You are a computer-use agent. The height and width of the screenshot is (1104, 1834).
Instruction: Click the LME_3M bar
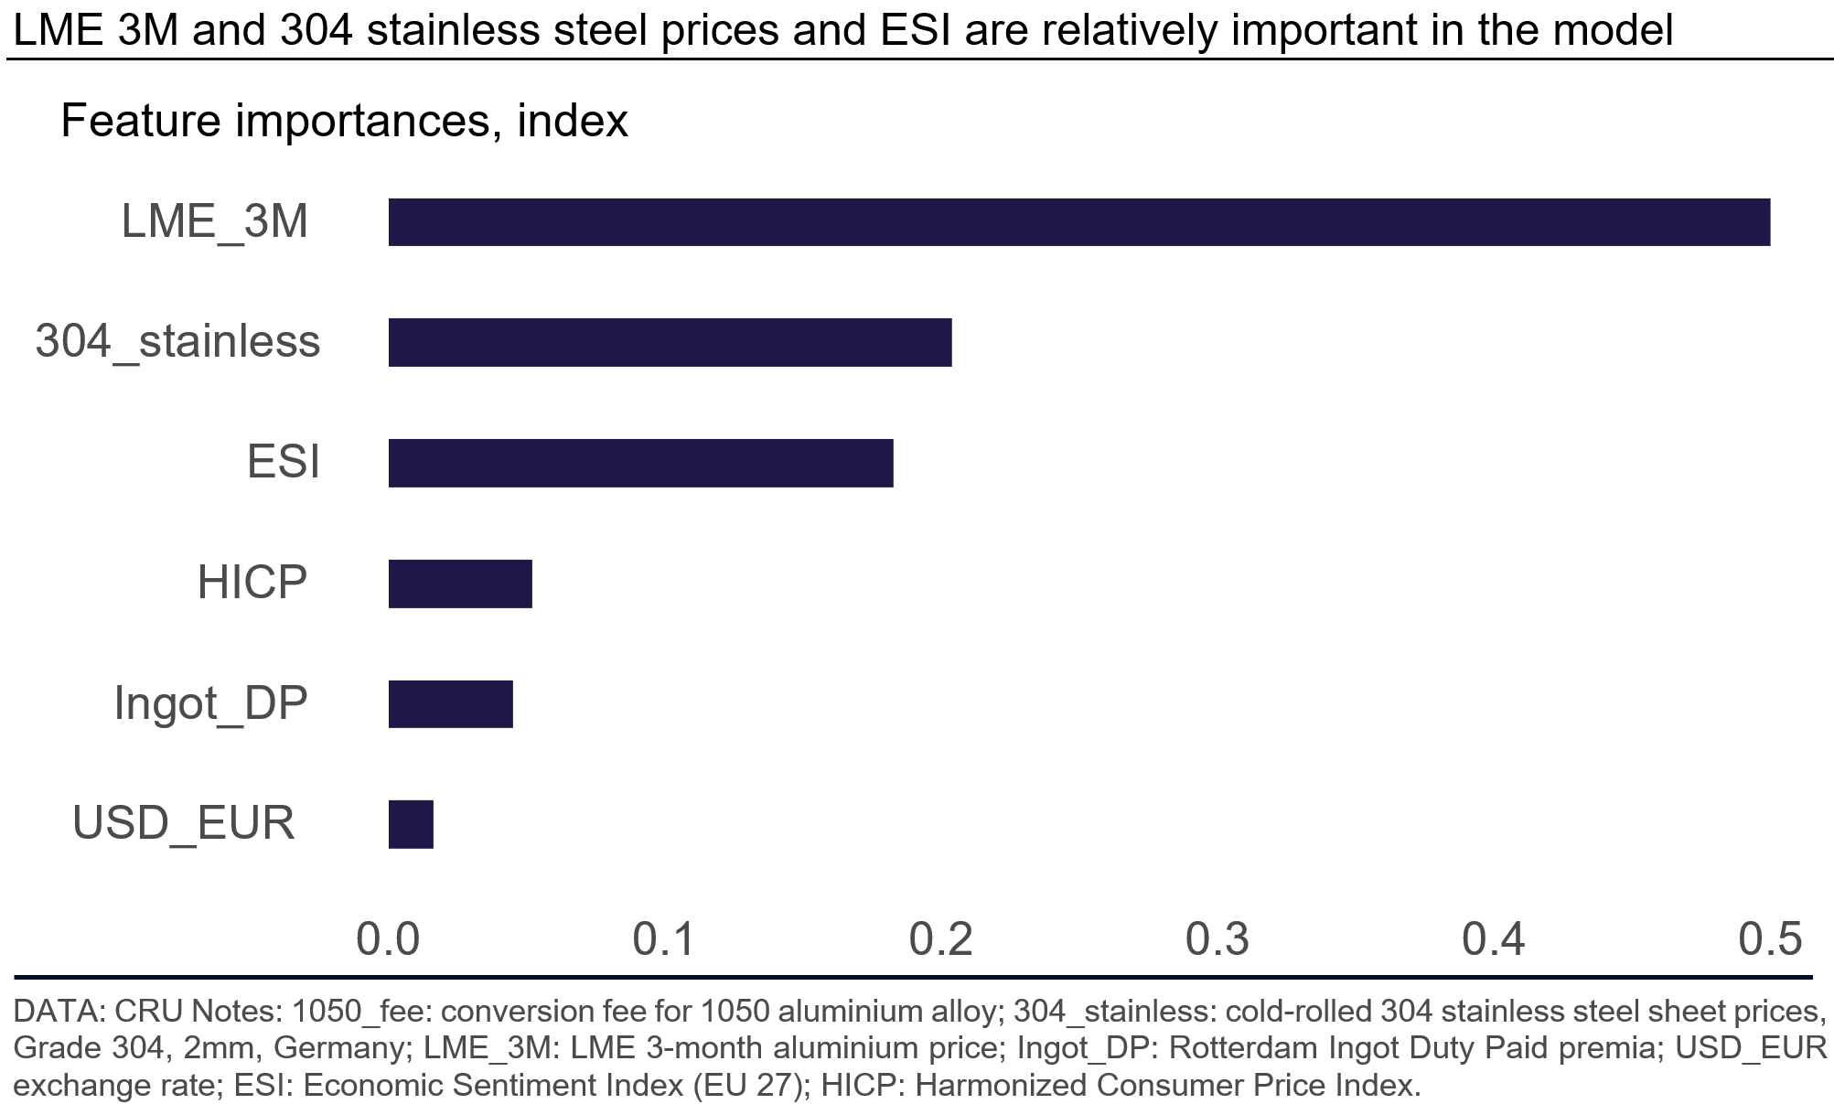click(x=1079, y=222)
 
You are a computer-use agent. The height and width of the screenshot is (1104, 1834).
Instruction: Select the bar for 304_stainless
click(x=670, y=342)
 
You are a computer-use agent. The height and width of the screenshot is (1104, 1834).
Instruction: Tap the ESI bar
click(x=640, y=463)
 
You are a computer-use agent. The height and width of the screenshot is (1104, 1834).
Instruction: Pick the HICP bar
click(x=460, y=584)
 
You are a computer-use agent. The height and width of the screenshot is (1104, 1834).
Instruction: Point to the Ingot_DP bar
click(x=450, y=703)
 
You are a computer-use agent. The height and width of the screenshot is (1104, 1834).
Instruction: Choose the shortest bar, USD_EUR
click(x=411, y=824)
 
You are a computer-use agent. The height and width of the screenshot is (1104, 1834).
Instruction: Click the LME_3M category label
click(x=215, y=222)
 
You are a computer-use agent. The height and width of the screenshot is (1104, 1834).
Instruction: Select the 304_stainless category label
click(x=177, y=342)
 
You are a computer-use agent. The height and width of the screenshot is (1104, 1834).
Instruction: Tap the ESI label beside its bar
click(x=284, y=463)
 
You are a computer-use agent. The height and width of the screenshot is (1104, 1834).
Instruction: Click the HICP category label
click(x=252, y=584)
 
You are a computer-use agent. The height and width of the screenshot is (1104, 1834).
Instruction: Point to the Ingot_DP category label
click(x=210, y=703)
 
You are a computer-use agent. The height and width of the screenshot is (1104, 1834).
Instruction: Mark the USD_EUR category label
click(x=184, y=824)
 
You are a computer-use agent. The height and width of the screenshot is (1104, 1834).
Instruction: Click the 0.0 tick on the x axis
click(x=388, y=939)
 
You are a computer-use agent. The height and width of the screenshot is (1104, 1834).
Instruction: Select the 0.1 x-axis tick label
click(x=665, y=939)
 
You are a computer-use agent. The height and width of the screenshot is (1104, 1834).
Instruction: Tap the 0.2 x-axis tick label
click(x=941, y=939)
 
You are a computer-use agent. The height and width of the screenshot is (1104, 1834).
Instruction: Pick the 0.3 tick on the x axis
click(x=1217, y=939)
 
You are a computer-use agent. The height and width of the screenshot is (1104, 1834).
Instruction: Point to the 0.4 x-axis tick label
click(x=1494, y=939)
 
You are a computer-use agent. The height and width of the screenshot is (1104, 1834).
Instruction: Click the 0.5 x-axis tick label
click(x=1770, y=939)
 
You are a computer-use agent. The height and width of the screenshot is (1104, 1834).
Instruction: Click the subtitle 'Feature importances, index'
click(x=344, y=122)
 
